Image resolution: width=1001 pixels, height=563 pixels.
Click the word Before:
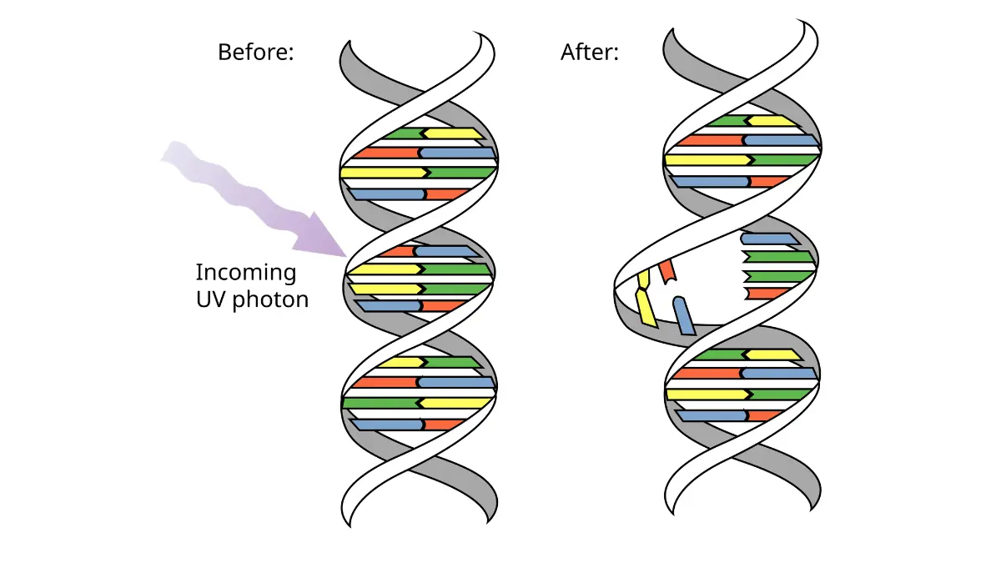pyautogui.click(x=255, y=52)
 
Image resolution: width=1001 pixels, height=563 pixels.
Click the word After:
pyautogui.click(x=590, y=52)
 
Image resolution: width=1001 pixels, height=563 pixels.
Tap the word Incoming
pyautogui.click(x=246, y=272)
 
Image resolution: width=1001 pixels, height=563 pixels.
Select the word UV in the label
pyautogui.click(x=210, y=299)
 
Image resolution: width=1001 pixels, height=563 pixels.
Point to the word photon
pyautogui.click(x=271, y=300)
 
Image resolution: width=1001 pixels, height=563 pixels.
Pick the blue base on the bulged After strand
pyautogui.click(x=684, y=315)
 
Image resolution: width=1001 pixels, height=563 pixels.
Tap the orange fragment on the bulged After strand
pyautogui.click(x=667, y=272)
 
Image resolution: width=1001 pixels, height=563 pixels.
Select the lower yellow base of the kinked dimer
pyautogui.click(x=646, y=308)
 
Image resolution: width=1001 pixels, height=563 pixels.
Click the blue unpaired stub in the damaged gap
pyautogui.click(x=769, y=239)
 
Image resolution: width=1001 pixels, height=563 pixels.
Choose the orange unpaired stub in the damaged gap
pyautogui.click(x=766, y=294)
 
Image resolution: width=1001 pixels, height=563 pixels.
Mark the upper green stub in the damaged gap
pyautogui.click(x=777, y=257)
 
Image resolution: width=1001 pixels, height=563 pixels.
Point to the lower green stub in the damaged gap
pyautogui.click(x=777, y=276)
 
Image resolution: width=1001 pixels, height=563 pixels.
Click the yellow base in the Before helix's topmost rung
pyautogui.click(x=453, y=133)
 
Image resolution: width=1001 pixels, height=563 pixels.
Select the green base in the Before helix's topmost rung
pyautogui.click(x=404, y=133)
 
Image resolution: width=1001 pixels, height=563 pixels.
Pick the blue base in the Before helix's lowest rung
pyautogui.click(x=387, y=425)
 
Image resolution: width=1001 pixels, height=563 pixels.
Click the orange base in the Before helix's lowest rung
pyautogui.click(x=443, y=425)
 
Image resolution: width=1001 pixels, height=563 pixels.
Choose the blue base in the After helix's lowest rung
pyautogui.click(x=712, y=415)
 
